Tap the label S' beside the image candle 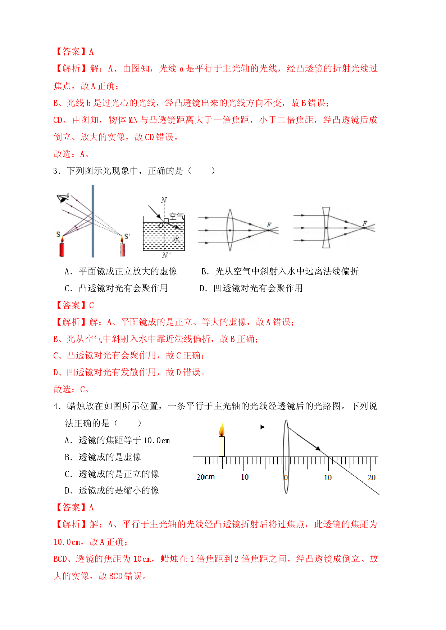tap(127, 237)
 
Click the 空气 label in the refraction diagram tap(176, 216)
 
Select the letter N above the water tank tap(164, 200)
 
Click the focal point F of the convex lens tap(269, 225)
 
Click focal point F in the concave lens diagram tap(365, 223)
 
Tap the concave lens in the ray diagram tap(326, 228)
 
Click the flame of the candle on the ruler tap(222, 430)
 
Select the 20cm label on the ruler tap(205, 477)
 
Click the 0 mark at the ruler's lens tap(286, 478)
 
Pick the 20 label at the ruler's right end tap(371, 477)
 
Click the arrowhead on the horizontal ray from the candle tap(263, 427)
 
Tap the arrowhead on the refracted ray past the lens tap(318, 448)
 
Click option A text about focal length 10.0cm tap(117, 440)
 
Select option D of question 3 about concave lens tap(251, 288)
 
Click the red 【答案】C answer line tap(74, 305)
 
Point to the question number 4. tap(56, 407)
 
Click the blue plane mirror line tap(93, 221)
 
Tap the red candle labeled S tap(62, 246)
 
